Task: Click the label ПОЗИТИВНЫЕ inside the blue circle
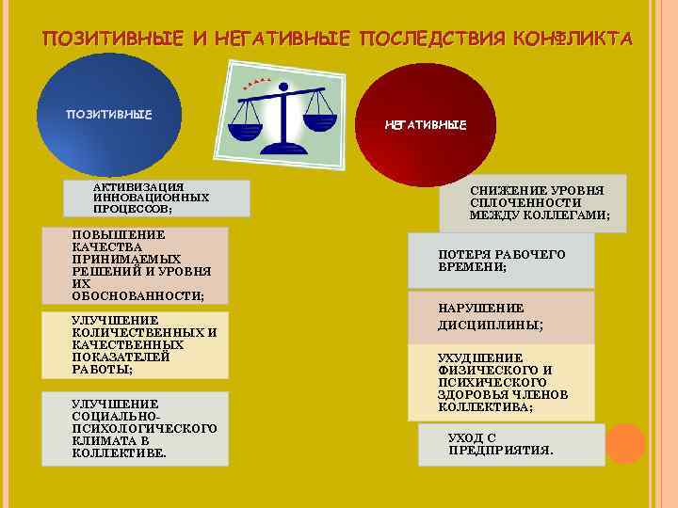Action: point(108,116)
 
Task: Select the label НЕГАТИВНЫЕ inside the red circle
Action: point(425,125)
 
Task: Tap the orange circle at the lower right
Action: point(625,443)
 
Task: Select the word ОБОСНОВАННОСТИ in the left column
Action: point(137,295)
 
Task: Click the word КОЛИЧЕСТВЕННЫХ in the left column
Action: point(137,332)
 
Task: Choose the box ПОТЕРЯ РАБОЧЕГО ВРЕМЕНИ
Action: point(502,261)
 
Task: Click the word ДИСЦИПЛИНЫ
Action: point(490,325)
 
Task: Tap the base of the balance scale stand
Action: point(282,143)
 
